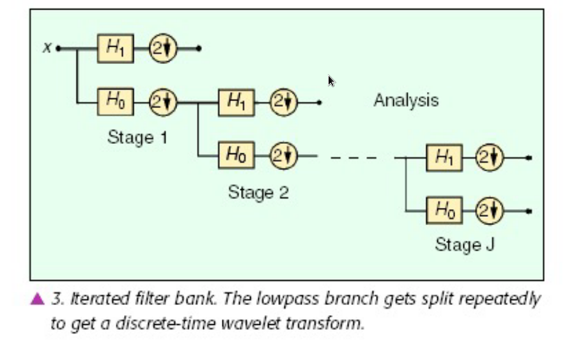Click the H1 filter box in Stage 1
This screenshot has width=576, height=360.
coord(116,48)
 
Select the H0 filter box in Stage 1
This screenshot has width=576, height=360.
coord(116,101)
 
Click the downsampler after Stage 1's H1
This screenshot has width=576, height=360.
coord(163,48)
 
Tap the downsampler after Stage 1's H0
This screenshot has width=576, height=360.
coord(163,101)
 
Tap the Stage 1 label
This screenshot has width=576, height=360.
coord(137,137)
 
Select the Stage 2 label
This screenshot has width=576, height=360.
coord(258,192)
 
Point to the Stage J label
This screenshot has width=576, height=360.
coord(465,244)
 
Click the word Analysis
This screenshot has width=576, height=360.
coord(406,100)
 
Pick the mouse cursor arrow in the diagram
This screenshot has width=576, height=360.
coord(331,81)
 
